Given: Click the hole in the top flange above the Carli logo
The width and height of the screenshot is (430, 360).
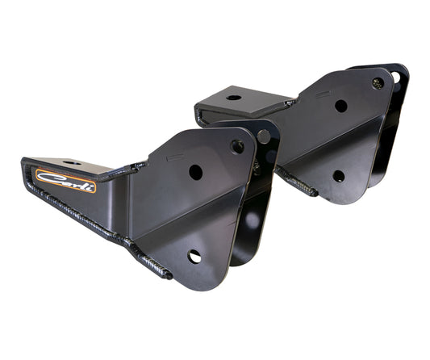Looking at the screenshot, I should (x=72, y=163).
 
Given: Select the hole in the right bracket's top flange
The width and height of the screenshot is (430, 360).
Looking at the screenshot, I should (x=233, y=98).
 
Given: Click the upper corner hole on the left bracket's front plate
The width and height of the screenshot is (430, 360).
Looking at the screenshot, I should (x=237, y=147).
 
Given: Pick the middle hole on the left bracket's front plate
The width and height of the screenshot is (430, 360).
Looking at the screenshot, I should (x=196, y=172).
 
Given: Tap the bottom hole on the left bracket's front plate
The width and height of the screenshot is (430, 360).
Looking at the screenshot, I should (x=194, y=256).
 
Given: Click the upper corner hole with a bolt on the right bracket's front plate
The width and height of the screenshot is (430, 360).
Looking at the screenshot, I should (x=377, y=82).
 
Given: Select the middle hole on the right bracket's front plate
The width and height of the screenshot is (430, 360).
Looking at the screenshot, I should (x=341, y=106).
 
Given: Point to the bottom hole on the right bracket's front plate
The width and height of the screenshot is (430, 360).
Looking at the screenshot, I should (x=339, y=175).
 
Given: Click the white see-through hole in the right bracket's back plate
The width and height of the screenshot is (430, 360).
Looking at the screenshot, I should (x=396, y=77).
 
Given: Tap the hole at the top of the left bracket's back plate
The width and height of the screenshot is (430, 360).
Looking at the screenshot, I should (x=264, y=136).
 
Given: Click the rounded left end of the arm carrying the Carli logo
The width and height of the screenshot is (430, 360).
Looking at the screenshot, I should (x=27, y=173).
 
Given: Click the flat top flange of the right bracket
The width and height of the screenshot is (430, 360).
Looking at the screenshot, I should (x=242, y=100).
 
